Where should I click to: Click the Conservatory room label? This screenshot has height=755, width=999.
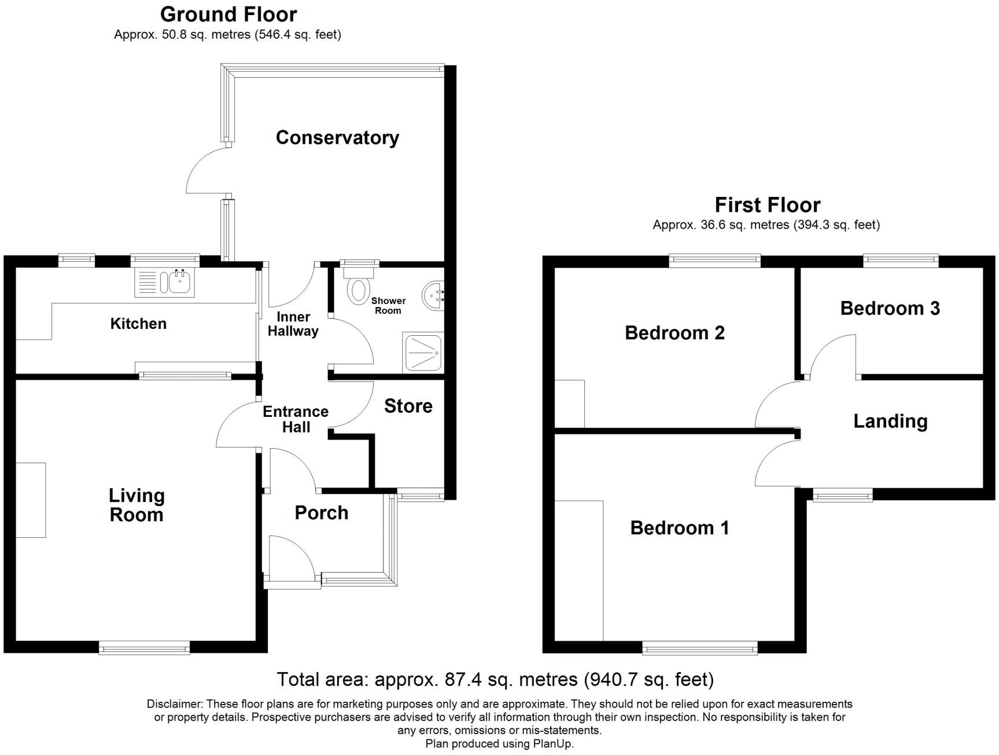(337, 138)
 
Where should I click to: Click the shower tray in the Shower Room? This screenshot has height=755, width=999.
(423, 352)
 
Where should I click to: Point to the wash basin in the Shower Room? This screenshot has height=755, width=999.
(434, 295)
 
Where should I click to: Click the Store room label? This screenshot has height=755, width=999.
(408, 406)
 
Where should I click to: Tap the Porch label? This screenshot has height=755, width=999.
(322, 512)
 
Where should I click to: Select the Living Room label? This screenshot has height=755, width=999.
(137, 505)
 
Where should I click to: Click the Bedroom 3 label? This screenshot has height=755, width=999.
(890, 308)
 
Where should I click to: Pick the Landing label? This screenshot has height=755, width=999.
(890, 422)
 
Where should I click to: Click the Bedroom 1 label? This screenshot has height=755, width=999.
(679, 527)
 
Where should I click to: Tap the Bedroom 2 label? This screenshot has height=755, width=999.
(674, 333)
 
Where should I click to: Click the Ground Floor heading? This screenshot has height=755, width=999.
(228, 14)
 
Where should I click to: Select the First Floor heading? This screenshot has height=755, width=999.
(768, 205)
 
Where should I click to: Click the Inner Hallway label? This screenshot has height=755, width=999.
(293, 324)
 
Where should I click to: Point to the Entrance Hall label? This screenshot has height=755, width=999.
(296, 419)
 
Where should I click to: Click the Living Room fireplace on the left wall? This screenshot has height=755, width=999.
(31, 500)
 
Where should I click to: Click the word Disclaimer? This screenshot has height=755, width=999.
(175, 704)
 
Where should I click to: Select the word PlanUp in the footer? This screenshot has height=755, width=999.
(554, 744)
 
